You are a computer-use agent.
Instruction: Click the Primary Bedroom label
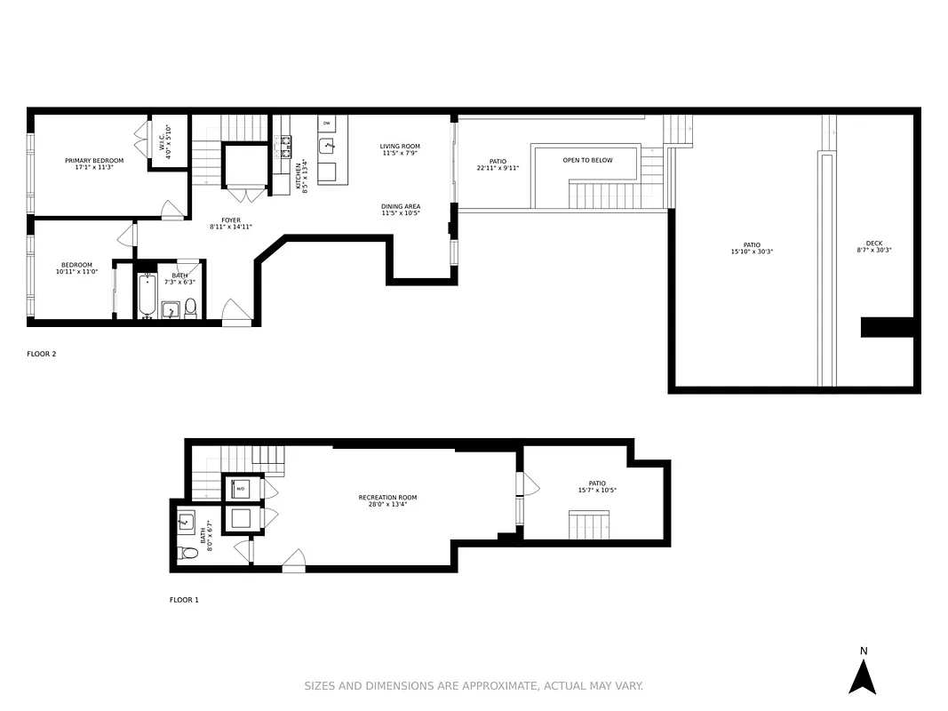pos(94,161)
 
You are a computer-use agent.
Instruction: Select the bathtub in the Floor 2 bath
pos(147,296)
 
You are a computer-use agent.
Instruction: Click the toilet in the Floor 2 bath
pos(190,308)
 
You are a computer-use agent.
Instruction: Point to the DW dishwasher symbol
pos(327,123)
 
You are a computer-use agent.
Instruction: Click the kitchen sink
pos(328,145)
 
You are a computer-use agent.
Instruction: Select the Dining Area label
pos(401,206)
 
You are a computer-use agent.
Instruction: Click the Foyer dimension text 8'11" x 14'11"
pos(231,228)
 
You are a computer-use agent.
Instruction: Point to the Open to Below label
pos(587,160)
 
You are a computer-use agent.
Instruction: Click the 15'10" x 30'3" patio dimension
pos(752,252)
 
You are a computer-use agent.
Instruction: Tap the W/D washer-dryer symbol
pos(241,489)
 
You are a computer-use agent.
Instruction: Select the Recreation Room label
pos(387,498)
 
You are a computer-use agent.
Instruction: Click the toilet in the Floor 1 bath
pos(187,553)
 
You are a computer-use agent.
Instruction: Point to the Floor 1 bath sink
pos(187,522)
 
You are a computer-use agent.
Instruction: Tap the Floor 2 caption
pos(42,354)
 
